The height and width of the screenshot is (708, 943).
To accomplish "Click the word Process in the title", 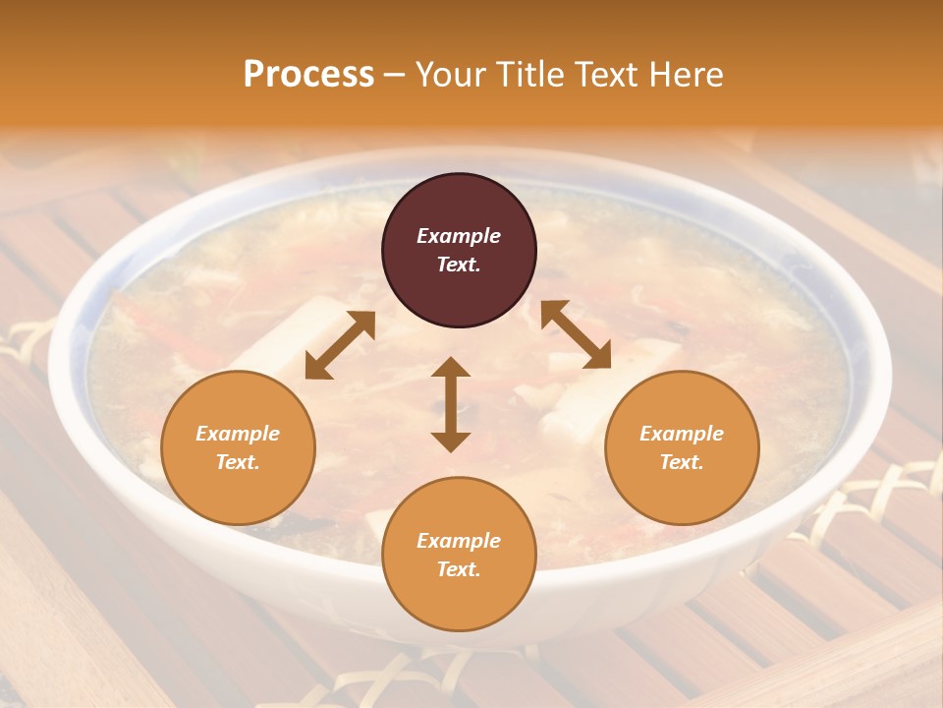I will pyautogui.click(x=308, y=75).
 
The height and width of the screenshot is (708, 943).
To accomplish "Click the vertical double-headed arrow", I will pyautogui.click(x=451, y=404).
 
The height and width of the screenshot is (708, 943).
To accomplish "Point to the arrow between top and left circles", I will pyautogui.click(x=340, y=345).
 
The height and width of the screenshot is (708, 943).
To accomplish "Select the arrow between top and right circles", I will pyautogui.click(x=576, y=334).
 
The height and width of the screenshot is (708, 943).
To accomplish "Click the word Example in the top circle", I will pyautogui.click(x=459, y=236).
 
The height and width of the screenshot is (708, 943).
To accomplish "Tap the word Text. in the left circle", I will pyautogui.click(x=238, y=462).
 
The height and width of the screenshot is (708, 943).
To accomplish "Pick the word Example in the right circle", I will pyautogui.click(x=682, y=434).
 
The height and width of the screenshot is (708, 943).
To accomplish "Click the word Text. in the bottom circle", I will pyautogui.click(x=459, y=569).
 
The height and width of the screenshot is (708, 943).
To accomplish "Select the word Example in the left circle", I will pyautogui.click(x=238, y=434).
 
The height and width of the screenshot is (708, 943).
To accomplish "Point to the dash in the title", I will pyautogui.click(x=394, y=75).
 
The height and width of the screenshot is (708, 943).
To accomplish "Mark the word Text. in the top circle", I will pyautogui.click(x=459, y=265).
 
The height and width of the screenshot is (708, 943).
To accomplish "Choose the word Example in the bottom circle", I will pyautogui.click(x=459, y=541).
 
